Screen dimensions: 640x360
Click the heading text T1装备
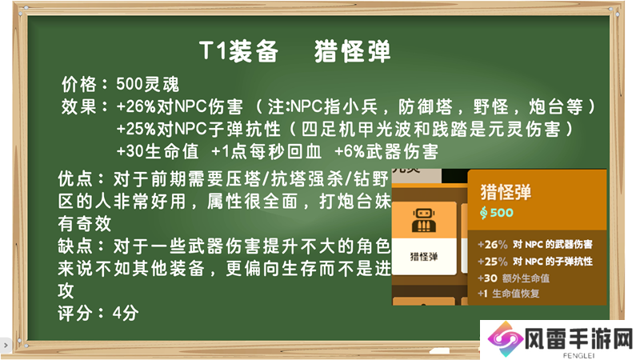coord(238,51)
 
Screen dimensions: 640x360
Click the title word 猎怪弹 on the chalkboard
coord(352,51)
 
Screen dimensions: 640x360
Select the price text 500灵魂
coord(148,85)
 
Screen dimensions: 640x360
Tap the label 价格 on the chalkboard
coord(79,85)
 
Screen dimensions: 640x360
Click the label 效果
coord(79,106)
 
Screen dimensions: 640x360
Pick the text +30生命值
coord(158,151)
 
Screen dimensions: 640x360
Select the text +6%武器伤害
coord(386,151)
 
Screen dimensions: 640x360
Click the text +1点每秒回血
coord(266,151)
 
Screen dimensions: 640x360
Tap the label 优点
coord(76,178)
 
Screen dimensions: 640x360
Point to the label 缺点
coord(76,246)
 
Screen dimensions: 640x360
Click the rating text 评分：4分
coord(98,313)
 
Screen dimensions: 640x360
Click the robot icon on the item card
coord(424,220)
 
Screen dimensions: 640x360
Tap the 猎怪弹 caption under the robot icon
coord(424,256)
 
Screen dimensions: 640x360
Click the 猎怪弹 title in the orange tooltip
coord(506,192)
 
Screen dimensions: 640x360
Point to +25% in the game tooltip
coord(493,262)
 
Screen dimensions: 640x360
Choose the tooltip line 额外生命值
coord(526,278)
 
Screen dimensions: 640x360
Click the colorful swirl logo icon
coord(506,339)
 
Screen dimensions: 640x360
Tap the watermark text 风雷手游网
coord(578,338)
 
